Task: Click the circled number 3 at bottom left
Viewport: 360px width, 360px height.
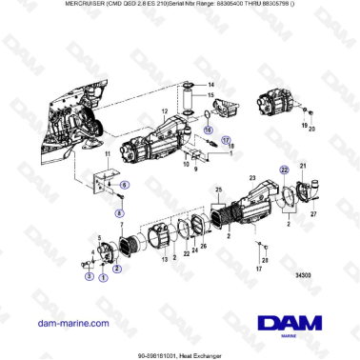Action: click(x=89, y=276)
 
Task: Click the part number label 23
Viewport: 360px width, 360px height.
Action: click(x=251, y=177)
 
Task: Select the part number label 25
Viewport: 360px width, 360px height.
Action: click(x=218, y=190)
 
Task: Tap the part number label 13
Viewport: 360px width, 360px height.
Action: click(x=164, y=259)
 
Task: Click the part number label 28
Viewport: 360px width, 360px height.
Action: click(x=265, y=259)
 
